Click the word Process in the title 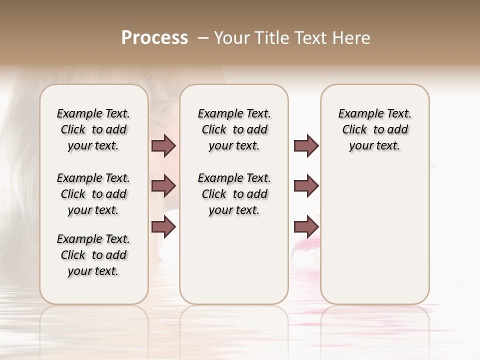(x=154, y=37)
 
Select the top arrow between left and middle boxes (x=163, y=145)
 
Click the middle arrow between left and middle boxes (x=163, y=186)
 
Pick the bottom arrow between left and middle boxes (x=163, y=227)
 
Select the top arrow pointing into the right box (x=306, y=145)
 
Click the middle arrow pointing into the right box (x=306, y=186)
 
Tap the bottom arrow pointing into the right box (x=306, y=227)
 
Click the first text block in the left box (x=93, y=129)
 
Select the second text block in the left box (x=93, y=194)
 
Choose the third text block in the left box (x=93, y=255)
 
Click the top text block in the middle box (x=234, y=129)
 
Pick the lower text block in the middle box (x=234, y=194)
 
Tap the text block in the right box (x=374, y=129)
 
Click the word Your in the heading (x=232, y=37)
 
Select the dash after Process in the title (x=203, y=37)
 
